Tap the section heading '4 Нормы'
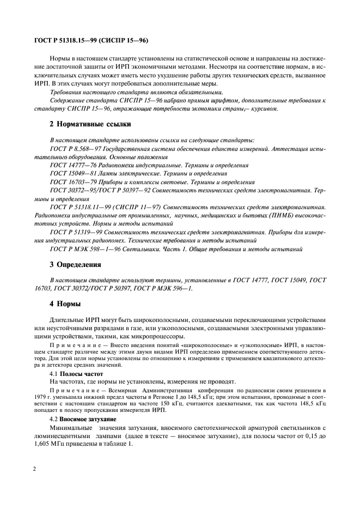coord(65,302)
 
